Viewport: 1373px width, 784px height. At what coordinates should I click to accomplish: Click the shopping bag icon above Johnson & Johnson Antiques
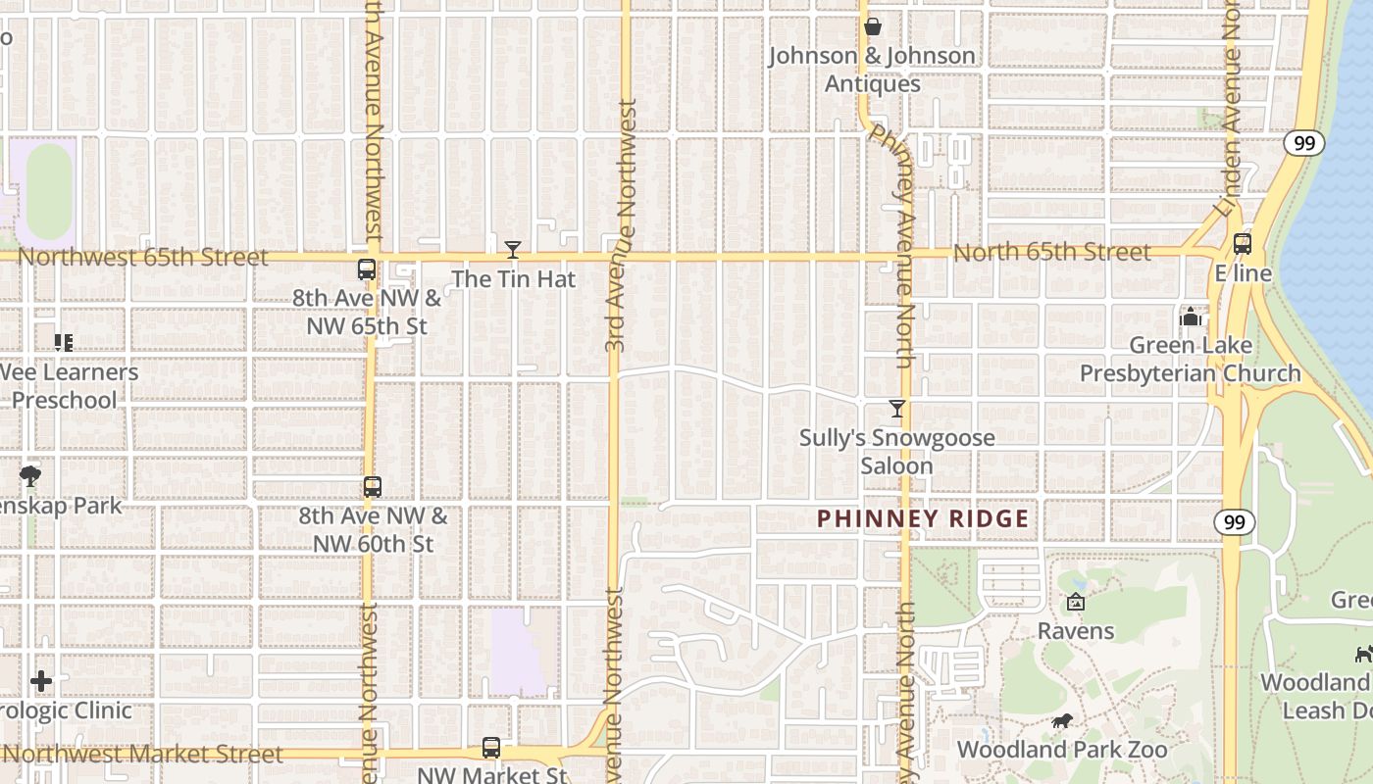(x=872, y=26)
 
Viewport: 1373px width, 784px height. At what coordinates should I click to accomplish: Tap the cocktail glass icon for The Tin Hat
(x=512, y=250)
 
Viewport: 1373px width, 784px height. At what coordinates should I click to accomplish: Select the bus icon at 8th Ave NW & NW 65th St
(x=367, y=269)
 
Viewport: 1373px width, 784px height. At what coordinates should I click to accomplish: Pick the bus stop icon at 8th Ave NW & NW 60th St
(x=373, y=487)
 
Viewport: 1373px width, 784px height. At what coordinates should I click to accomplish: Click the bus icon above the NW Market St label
(x=491, y=748)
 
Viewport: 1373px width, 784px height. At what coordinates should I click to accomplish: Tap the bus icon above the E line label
(x=1243, y=244)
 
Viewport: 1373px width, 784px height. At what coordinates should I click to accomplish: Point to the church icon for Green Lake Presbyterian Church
(x=1191, y=317)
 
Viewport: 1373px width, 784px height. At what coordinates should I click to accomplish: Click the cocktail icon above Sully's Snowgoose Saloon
(x=896, y=409)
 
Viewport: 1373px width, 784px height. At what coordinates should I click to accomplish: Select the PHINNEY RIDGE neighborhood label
(x=924, y=519)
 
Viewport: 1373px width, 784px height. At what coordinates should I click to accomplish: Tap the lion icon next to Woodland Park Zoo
(x=1061, y=722)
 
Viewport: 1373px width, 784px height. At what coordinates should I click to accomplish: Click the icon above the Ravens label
(x=1076, y=602)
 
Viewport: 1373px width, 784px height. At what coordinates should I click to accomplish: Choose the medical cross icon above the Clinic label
(x=41, y=680)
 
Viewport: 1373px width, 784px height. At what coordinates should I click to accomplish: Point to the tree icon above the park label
(x=30, y=476)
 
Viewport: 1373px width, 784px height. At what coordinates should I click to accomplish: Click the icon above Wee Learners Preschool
(x=64, y=343)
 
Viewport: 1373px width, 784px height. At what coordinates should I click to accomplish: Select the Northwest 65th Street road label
(x=142, y=257)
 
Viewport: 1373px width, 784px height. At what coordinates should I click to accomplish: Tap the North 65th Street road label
(x=1051, y=253)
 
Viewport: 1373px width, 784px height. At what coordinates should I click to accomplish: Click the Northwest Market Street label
(x=143, y=754)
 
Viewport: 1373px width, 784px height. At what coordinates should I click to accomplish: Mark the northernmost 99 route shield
(x=1303, y=143)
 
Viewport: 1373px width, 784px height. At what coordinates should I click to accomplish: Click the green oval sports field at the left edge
(x=49, y=192)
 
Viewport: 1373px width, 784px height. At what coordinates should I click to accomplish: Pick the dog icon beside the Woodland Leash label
(x=1362, y=654)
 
